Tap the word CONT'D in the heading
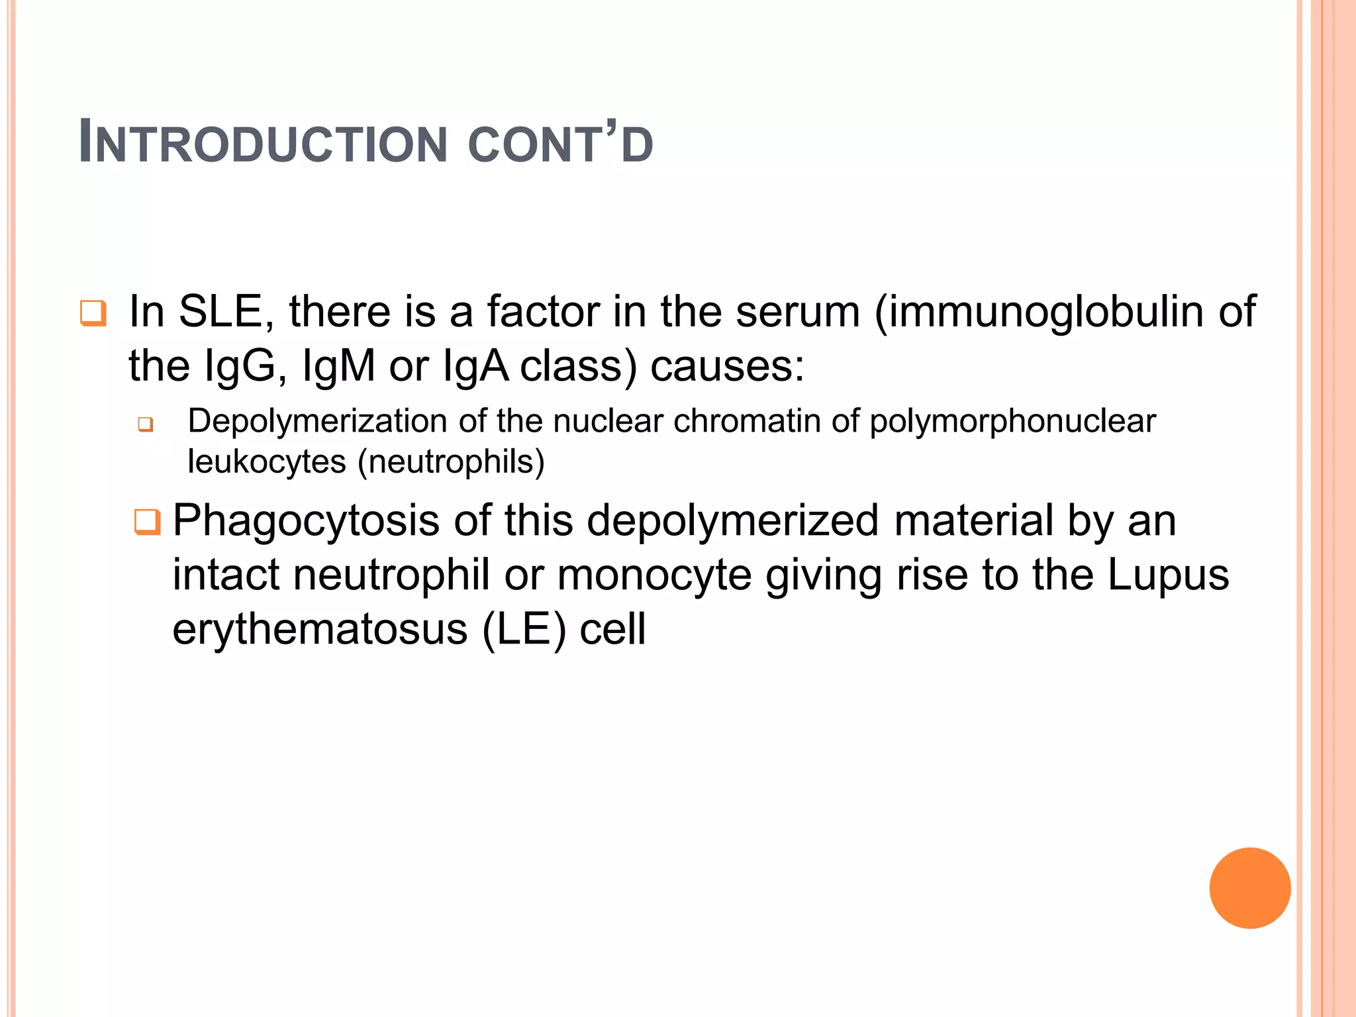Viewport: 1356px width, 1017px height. (560, 143)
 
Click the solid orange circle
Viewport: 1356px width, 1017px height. (1249, 888)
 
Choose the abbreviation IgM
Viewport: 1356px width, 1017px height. (338, 366)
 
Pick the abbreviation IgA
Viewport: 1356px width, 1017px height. (475, 366)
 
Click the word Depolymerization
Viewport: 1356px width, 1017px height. (317, 421)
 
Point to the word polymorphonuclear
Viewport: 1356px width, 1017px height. (1012, 421)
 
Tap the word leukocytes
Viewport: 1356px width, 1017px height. (267, 461)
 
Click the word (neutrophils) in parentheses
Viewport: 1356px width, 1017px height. (451, 461)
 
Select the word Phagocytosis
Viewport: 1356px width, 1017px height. (305, 520)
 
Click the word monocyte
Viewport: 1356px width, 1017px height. (654, 575)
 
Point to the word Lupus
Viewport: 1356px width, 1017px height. (1168, 575)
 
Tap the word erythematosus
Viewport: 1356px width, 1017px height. (320, 629)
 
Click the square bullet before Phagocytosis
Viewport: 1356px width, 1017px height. (147, 522)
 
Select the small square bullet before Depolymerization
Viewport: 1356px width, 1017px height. (146, 424)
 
